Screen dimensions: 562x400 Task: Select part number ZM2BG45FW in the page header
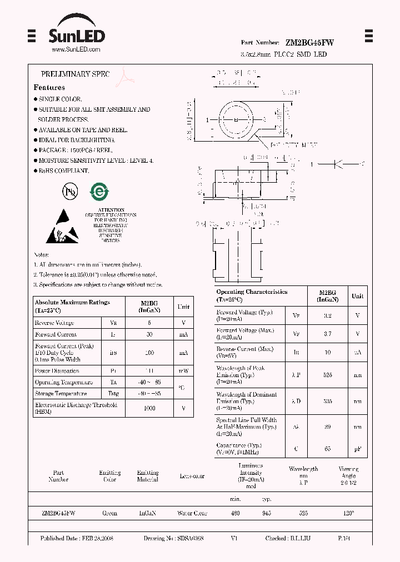pyautogui.click(x=309, y=42)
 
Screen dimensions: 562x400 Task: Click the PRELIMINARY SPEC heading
pyautogui.click(x=75, y=74)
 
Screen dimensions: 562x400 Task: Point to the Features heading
pyautogui.click(x=49, y=87)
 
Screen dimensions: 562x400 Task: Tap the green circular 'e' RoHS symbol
pyautogui.click(x=99, y=190)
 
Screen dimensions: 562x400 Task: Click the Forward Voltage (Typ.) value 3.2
pyautogui.click(x=327, y=315)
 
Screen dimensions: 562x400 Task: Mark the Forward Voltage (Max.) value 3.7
pyautogui.click(x=327, y=334)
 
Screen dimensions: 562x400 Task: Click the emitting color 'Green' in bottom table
pyautogui.click(x=109, y=513)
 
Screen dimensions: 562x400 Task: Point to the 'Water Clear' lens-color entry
pyautogui.click(x=192, y=513)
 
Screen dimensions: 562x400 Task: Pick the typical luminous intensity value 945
pyautogui.click(x=266, y=513)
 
